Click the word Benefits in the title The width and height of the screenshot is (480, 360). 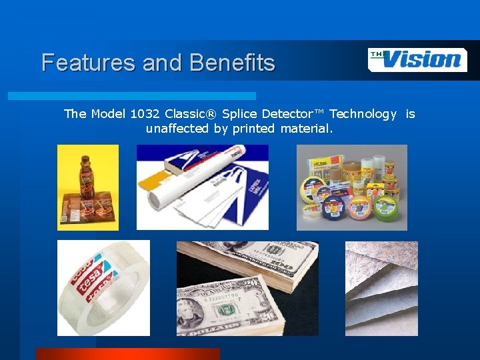[232, 63]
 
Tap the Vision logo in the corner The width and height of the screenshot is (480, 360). [417, 59]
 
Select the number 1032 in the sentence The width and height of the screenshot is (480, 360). [145, 114]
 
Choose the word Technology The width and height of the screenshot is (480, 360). [363, 114]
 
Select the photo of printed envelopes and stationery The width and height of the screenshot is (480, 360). [203, 187]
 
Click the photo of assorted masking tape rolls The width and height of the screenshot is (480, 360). [351, 187]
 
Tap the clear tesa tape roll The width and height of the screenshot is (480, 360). [103, 288]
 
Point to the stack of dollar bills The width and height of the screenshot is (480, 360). [247, 288]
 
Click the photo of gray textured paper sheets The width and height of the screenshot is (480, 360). [381, 288]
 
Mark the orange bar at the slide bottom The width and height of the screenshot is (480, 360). [127, 354]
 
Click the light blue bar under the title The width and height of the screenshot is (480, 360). [131, 96]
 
